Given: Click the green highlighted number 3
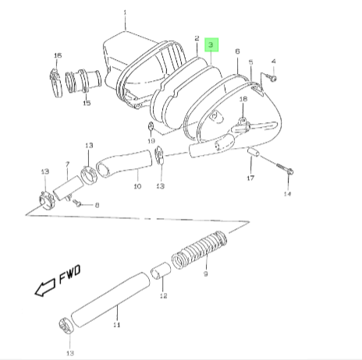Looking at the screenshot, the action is point(211,44).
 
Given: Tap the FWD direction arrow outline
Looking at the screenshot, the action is point(45,288).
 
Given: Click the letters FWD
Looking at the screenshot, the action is point(69,274).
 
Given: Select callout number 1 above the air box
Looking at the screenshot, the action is point(125,12).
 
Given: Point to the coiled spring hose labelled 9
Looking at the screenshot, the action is point(199,250).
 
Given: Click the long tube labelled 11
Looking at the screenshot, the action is point(110,300).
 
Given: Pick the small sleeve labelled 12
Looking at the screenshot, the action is point(161,271).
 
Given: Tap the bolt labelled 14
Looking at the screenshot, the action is point(284,168).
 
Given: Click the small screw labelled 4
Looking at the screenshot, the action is point(272,78).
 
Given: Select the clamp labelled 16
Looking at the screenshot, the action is point(55,83).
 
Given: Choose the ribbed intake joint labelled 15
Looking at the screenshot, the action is point(83,81).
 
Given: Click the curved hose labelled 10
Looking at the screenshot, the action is point(124,164).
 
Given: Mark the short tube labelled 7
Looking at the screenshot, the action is point(69,188).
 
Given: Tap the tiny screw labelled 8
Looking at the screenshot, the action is point(77,203).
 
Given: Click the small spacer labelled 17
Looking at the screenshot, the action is point(253,152).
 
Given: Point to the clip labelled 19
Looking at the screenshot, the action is point(151,127).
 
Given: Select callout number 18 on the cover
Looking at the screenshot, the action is point(243,99).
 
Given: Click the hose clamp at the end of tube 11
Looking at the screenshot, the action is point(66,326).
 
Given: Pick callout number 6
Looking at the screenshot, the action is point(237,51).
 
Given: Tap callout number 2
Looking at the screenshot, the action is point(197,38).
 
